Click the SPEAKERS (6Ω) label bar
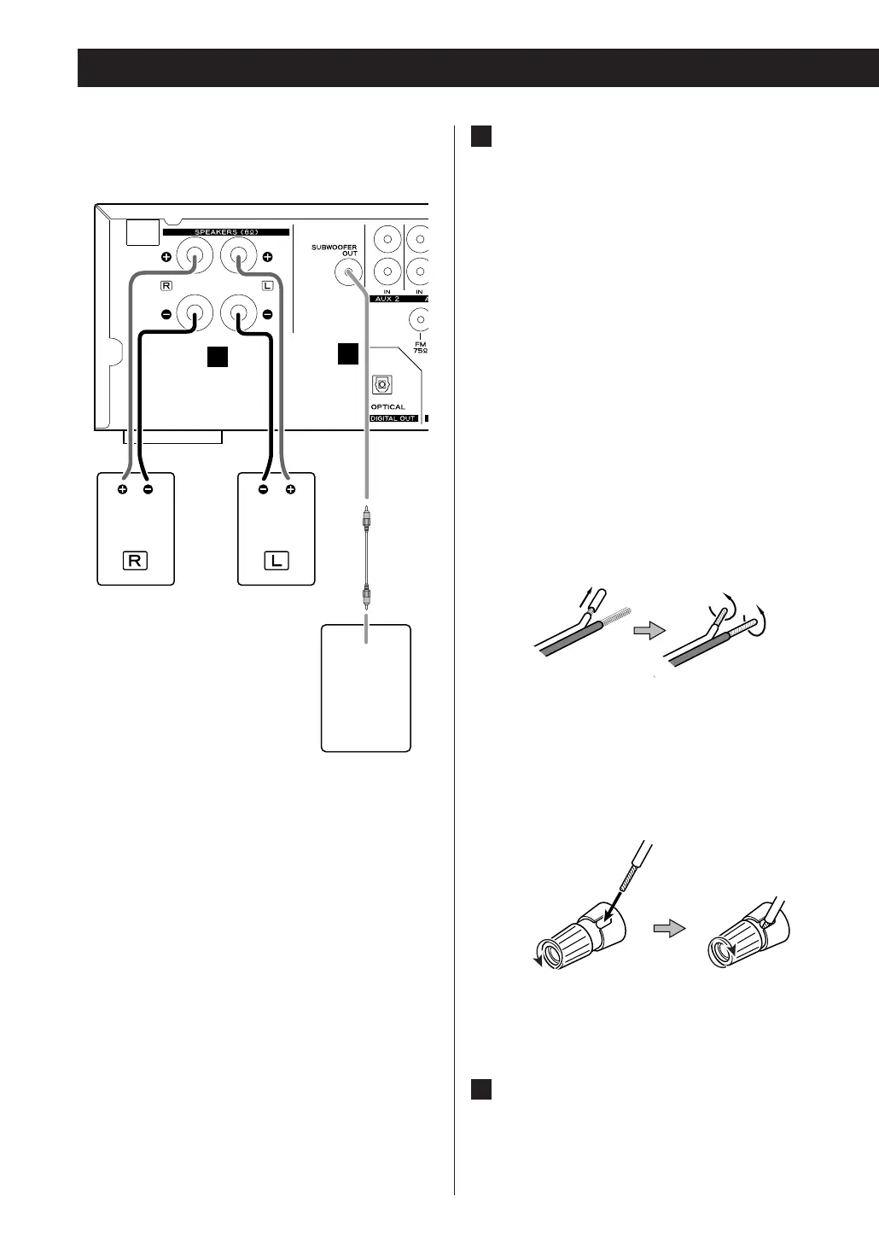(x=225, y=232)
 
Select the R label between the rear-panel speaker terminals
(x=166, y=285)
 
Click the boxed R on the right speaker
(x=136, y=561)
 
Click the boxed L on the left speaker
(x=277, y=561)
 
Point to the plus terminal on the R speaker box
(x=123, y=490)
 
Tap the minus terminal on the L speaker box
(x=263, y=490)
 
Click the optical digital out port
(x=382, y=383)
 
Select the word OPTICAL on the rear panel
(x=388, y=407)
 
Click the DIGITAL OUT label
(x=393, y=418)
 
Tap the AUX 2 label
(x=388, y=300)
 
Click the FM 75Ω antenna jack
(x=419, y=319)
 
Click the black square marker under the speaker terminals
(x=218, y=357)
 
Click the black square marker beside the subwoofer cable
(x=347, y=353)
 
